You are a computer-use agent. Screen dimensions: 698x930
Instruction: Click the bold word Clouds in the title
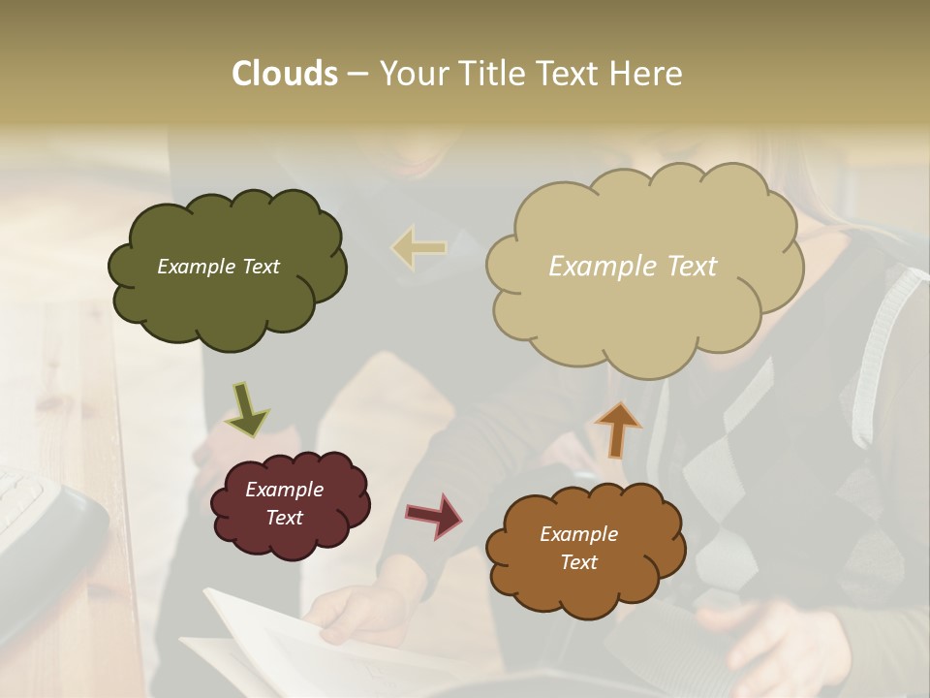(284, 74)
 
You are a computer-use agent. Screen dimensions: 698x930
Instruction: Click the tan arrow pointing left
(418, 249)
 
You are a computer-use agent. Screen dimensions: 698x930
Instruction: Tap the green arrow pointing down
(246, 408)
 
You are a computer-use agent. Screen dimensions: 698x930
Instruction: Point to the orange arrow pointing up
(617, 428)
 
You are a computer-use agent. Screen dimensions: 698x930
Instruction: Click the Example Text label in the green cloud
(218, 267)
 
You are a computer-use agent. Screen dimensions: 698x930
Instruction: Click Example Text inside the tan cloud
(633, 267)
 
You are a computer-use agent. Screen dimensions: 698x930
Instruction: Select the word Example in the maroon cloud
(284, 490)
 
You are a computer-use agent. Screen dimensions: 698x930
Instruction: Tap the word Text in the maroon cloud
(284, 518)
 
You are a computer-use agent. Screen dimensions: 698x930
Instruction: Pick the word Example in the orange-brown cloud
(578, 534)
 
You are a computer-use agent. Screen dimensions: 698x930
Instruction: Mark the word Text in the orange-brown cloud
(578, 562)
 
